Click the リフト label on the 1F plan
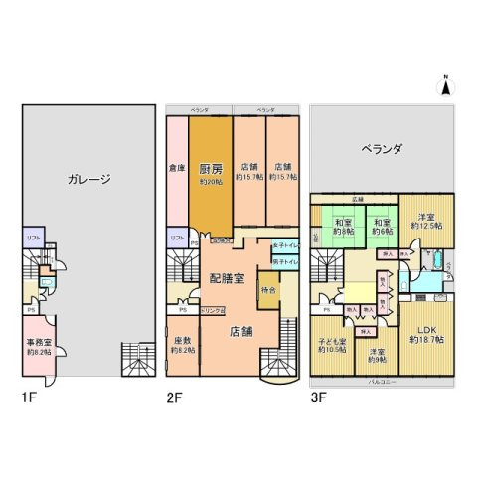[33, 237]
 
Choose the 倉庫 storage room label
[176, 167]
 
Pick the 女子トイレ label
[283, 244]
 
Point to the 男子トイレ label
[283, 261]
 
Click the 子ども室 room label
[331, 344]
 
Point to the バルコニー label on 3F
[383, 382]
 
